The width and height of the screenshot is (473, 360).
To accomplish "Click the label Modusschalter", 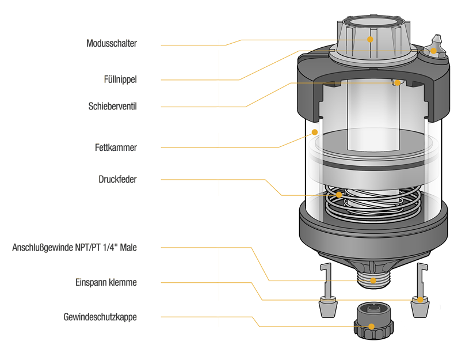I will [112, 43].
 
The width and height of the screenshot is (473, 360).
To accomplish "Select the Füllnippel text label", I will [120, 79].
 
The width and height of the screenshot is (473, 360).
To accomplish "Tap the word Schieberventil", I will [113, 107].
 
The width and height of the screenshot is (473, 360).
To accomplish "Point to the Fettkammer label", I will [116, 147].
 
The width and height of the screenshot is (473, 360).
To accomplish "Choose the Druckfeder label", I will [117, 179].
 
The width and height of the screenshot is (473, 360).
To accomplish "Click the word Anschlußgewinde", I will [43, 248].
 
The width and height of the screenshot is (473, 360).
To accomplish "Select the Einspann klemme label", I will [106, 283].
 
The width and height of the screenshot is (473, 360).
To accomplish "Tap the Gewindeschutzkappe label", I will [100, 317].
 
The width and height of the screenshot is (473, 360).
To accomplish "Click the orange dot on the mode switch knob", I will [370, 39].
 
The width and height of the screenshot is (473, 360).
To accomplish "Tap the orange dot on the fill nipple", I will [433, 51].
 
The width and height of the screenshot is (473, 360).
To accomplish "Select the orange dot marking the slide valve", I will [398, 82].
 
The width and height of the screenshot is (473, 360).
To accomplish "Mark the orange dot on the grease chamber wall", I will [315, 132].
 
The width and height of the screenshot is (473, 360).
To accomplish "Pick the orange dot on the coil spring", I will [339, 195].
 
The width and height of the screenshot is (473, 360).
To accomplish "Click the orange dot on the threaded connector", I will [373, 281].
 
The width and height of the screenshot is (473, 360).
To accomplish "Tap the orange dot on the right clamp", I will [421, 300].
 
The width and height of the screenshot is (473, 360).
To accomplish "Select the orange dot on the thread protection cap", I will [372, 326].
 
